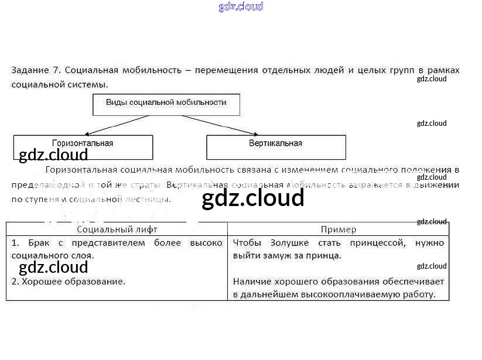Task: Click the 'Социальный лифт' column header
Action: tap(117, 229)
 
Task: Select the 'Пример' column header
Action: tap(339, 229)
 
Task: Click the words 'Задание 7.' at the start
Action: tap(36, 70)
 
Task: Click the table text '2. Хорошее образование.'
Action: tap(69, 282)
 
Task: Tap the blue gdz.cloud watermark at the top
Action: tap(241, 6)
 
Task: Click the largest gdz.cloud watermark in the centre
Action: tap(252, 198)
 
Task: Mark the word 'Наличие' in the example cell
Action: tap(252, 282)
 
